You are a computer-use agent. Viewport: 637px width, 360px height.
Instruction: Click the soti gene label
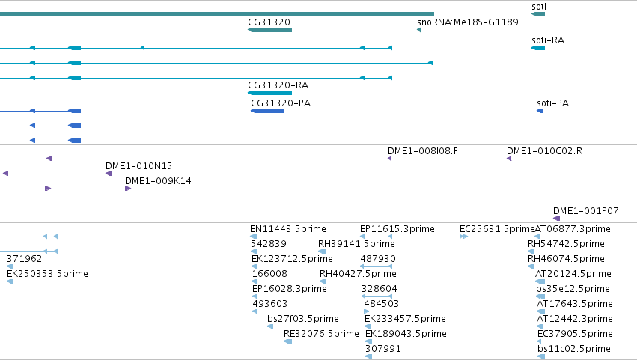coord(539,7)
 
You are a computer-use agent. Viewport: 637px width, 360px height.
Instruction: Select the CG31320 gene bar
coord(269,30)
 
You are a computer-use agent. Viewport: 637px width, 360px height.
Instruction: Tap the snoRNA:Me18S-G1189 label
coord(468,22)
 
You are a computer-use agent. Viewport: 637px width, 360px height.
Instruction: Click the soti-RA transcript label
coord(548,40)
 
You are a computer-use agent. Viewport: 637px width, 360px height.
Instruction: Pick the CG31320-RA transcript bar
coord(269,93)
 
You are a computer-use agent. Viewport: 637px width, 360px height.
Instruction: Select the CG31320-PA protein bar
coord(267,111)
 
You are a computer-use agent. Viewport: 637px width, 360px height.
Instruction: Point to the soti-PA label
coord(552,103)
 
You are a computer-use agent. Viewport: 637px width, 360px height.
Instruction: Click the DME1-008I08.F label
coord(422,151)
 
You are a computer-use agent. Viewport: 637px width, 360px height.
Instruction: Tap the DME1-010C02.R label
coord(544,151)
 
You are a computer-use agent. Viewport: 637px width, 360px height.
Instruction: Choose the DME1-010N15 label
coord(138,165)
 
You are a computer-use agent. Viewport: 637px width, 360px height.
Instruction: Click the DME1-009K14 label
coord(158,181)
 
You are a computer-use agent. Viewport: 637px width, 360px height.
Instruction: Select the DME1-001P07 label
coord(586,211)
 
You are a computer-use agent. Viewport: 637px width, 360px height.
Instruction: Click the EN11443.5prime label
coord(288,229)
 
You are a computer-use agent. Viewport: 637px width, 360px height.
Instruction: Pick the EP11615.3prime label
coord(397,229)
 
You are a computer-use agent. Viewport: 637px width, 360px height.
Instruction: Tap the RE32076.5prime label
coord(321,334)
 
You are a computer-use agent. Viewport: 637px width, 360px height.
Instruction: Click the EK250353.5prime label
coord(47,274)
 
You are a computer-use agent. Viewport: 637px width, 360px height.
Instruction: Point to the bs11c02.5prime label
coord(573,349)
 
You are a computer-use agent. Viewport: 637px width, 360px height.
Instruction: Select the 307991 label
coord(383,349)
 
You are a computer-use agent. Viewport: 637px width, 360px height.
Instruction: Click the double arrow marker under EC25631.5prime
coord(463,237)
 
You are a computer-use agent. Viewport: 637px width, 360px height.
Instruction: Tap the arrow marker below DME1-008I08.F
coord(389,159)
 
